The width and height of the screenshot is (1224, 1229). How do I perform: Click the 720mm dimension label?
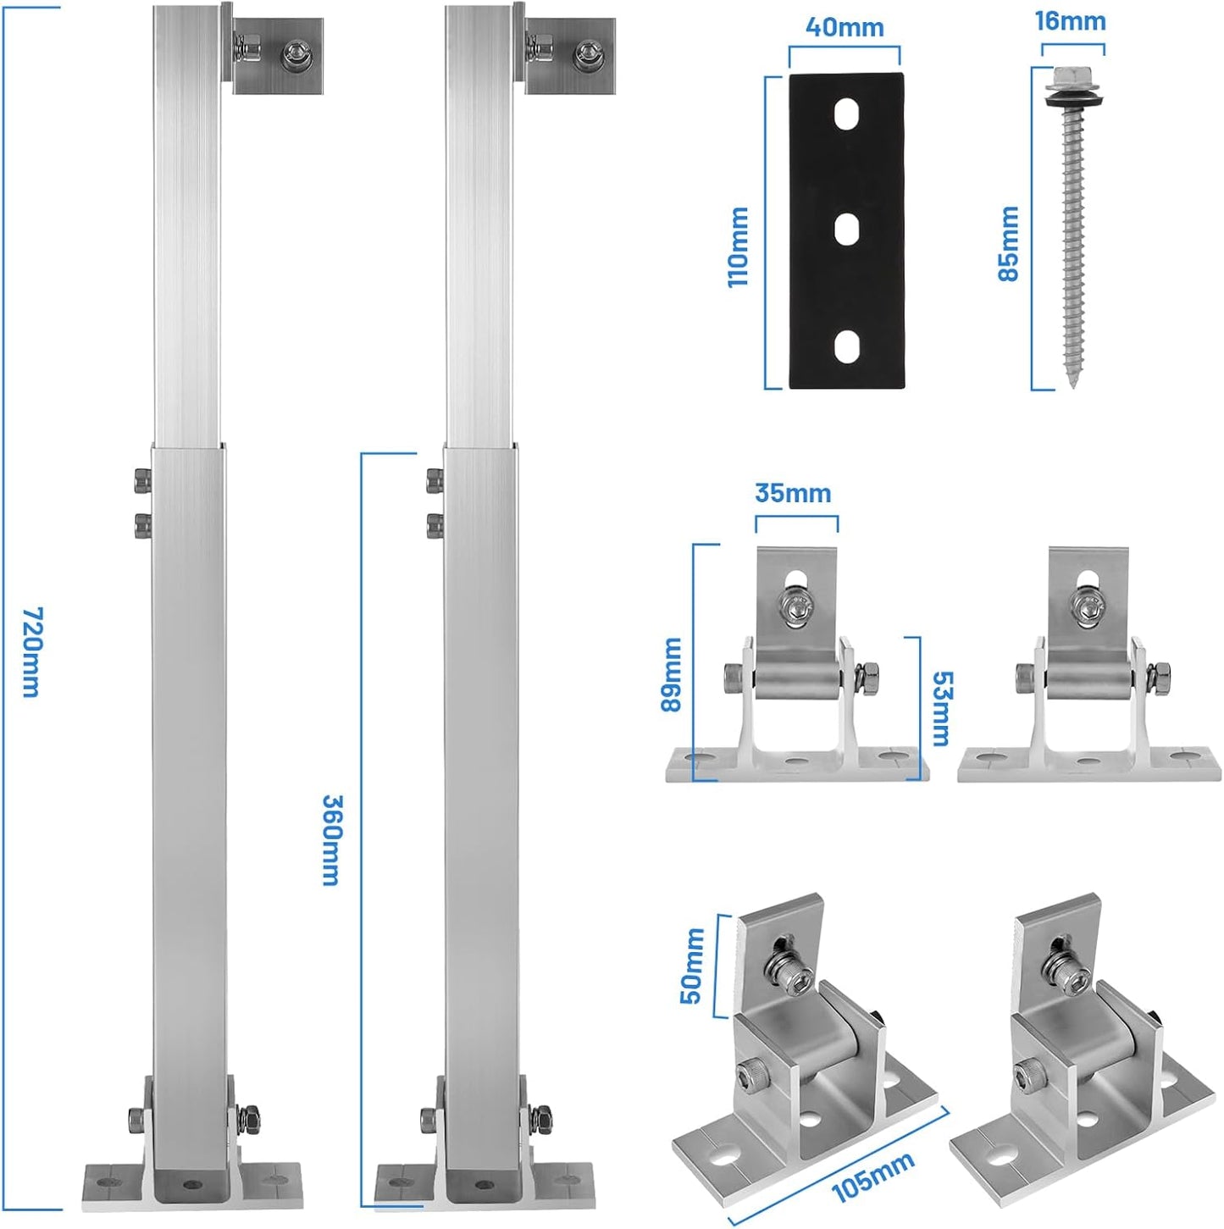coord(30,652)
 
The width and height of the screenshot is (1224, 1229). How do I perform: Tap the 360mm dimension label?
coord(331,839)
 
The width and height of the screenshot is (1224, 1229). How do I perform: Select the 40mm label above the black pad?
coord(844,27)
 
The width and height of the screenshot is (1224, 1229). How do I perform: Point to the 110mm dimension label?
coord(738,247)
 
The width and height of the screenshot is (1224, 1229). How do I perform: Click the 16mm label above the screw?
coord(1070,21)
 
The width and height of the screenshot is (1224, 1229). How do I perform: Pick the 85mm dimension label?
coord(1008,243)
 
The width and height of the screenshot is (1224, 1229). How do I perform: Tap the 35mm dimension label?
coord(793,493)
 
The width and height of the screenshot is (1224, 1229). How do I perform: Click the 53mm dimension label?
coord(941,709)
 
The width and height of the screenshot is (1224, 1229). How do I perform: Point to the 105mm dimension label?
coord(872,1176)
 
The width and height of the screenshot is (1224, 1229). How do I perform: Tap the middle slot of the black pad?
coord(846,229)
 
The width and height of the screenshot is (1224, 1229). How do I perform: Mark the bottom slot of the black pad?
coord(846,346)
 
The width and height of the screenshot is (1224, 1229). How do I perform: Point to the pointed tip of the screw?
coord(1073,382)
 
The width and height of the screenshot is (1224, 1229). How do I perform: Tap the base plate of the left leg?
coord(192,1181)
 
